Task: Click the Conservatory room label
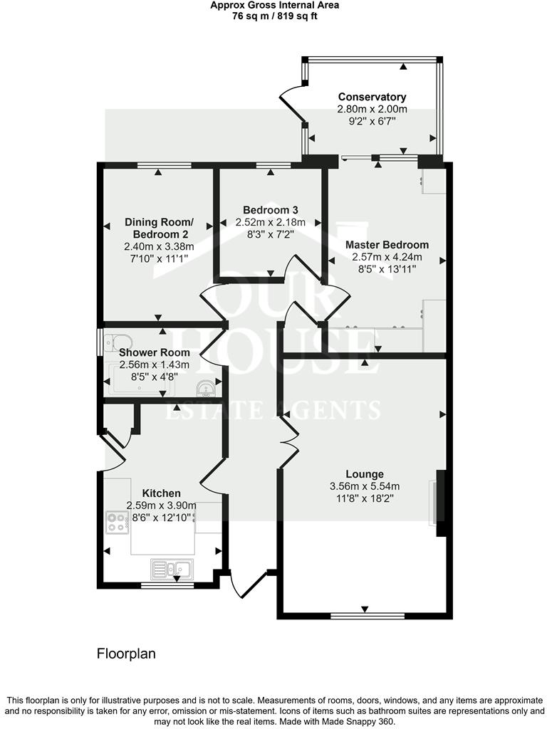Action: (x=372, y=97)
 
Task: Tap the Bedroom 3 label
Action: (x=270, y=210)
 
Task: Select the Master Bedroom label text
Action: (x=387, y=245)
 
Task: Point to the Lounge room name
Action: (x=365, y=474)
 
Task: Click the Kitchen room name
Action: (x=162, y=493)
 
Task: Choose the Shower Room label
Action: (x=155, y=352)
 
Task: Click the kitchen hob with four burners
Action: (x=118, y=522)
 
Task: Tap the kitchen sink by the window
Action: (x=172, y=568)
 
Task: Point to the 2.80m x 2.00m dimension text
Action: (x=372, y=109)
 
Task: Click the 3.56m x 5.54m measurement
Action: (x=365, y=487)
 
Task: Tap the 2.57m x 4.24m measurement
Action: (x=387, y=257)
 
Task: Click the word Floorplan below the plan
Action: (x=126, y=654)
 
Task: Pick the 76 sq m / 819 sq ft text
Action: (x=275, y=16)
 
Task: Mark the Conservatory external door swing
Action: (x=291, y=103)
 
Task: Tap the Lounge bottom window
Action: (x=368, y=616)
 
